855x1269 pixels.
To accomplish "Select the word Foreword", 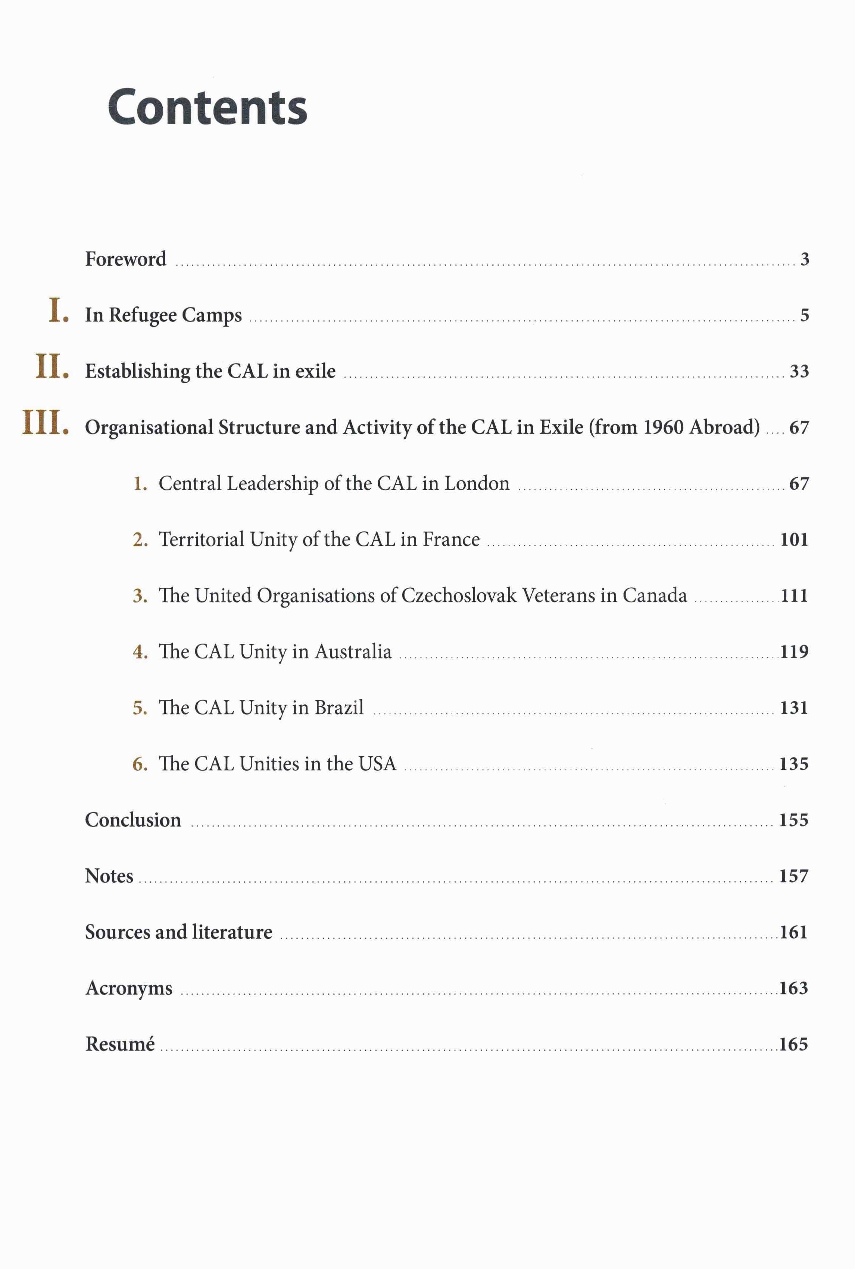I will point(125,259).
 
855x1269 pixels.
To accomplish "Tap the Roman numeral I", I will point(58,311).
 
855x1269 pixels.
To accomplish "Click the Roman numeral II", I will point(52,367).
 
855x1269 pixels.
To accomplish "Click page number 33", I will point(799,371).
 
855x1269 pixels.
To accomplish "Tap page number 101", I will point(793,540).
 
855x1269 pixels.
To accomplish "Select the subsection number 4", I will point(140,652).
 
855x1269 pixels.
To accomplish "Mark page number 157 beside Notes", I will point(793,876).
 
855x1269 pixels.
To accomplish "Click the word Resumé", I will point(120,1044).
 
